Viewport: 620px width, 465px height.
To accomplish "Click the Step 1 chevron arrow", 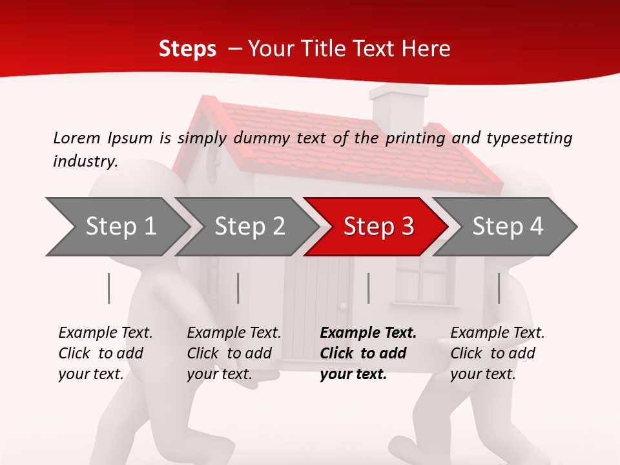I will point(119,227).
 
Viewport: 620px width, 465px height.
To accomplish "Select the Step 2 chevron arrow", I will point(249,227).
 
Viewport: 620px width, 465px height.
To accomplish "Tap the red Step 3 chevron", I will point(378,227).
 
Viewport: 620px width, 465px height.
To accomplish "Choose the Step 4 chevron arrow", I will point(507,227).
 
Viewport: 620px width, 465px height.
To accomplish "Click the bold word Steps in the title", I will point(187,49).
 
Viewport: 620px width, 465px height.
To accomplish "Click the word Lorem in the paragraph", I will point(76,138).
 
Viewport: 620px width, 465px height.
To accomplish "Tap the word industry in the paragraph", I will point(85,161).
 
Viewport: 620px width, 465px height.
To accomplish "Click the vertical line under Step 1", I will point(109,288).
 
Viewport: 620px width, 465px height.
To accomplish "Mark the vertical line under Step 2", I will point(238,288).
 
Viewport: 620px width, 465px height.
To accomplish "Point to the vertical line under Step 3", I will point(368,288).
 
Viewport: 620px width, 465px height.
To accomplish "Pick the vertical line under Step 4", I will point(499,288).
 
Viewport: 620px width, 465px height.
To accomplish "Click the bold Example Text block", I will point(368,353).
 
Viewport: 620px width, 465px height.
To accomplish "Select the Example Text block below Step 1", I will point(105,353).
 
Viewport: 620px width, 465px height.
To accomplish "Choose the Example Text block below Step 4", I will point(497,353).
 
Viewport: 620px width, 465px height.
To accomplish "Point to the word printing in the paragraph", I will point(415,138).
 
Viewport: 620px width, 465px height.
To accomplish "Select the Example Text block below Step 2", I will point(234,353).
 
